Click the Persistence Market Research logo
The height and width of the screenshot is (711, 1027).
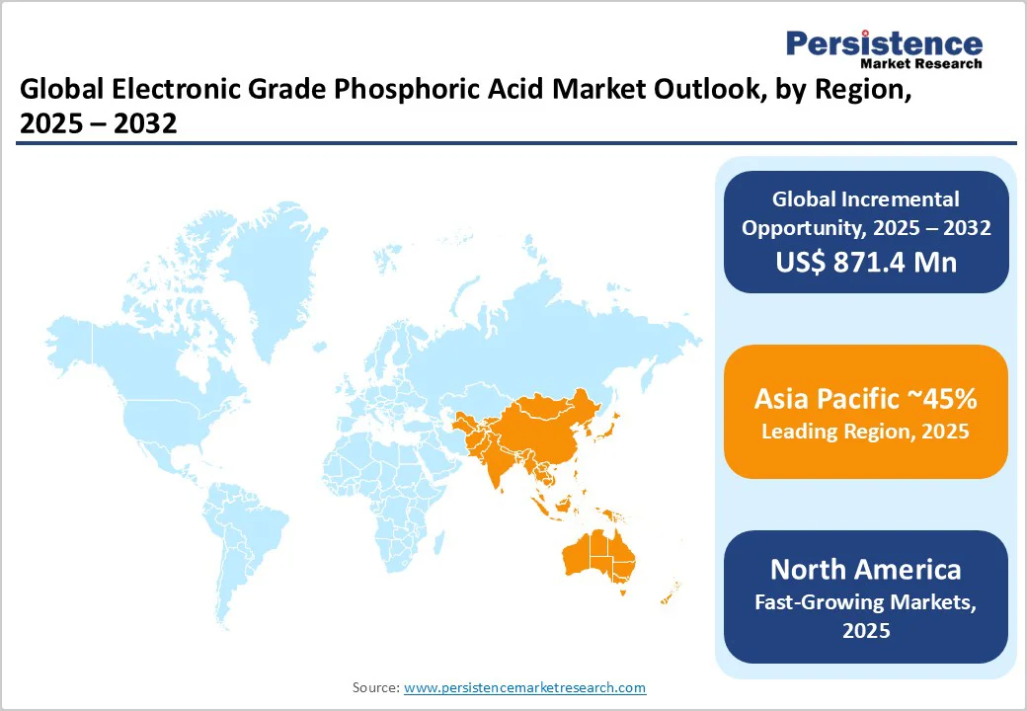coord(884,47)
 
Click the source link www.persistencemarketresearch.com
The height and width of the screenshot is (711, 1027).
coord(524,687)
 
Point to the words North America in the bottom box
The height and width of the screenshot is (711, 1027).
coord(865,569)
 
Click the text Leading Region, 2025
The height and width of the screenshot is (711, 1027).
coord(865,432)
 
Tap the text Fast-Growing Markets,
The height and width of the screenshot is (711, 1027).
coord(865,600)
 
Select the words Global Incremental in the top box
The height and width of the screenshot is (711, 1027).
coord(865,199)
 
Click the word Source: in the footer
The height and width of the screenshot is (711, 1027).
coord(376,687)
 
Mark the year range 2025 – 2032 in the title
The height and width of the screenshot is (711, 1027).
coord(98,124)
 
